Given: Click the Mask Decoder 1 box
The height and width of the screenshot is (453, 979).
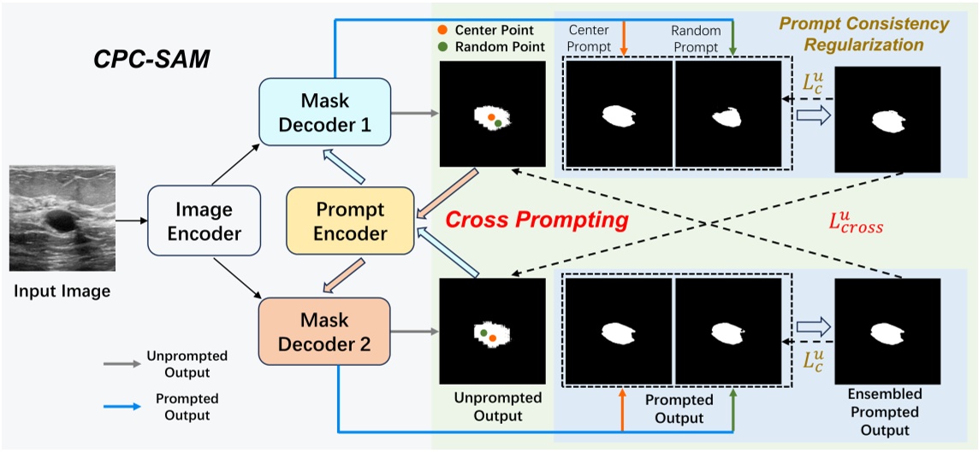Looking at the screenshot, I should tap(324, 114).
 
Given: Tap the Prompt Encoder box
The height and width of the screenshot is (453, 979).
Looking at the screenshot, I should tap(349, 221).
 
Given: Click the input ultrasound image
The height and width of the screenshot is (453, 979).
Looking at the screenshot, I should tap(62, 219).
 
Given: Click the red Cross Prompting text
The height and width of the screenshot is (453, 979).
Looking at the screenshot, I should tap(537, 220).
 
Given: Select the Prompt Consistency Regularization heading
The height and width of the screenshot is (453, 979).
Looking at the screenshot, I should tap(851, 33).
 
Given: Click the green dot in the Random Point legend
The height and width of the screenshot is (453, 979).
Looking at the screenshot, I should tap(442, 47).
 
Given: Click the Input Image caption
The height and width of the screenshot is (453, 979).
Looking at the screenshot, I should tap(62, 292).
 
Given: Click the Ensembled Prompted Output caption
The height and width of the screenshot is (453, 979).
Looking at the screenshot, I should tap(884, 413).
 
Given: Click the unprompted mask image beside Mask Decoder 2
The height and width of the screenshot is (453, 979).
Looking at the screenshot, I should tap(492, 332).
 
